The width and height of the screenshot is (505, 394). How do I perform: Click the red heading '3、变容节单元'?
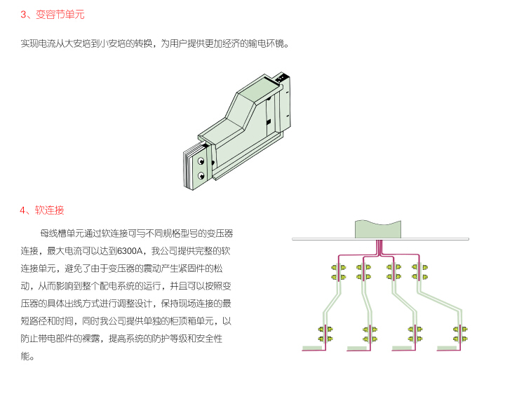(52, 15)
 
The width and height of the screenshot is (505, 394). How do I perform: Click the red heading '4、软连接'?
(42, 210)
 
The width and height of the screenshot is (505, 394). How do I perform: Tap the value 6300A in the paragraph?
(130, 251)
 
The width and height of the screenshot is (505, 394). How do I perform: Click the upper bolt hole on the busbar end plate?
(201, 161)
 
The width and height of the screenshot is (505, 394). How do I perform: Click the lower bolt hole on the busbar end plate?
(201, 175)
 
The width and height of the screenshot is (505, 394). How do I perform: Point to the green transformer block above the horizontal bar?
(378, 229)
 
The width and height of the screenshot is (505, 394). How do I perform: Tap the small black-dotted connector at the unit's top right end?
(281, 78)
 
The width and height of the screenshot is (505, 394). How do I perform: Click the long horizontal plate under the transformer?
(380, 239)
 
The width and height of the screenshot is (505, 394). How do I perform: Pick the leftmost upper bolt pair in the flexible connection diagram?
(339, 272)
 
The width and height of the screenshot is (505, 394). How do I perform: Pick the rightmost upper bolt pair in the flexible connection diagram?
(420, 272)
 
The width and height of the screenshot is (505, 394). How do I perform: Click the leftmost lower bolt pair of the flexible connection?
(325, 334)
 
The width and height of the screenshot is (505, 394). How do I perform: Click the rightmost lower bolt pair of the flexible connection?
(460, 334)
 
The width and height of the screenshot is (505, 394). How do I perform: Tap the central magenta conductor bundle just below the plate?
(379, 247)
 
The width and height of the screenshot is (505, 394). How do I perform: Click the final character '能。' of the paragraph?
(27, 356)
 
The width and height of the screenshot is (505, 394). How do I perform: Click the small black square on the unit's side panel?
(268, 122)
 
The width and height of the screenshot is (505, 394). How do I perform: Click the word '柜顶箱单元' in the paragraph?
(191, 321)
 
